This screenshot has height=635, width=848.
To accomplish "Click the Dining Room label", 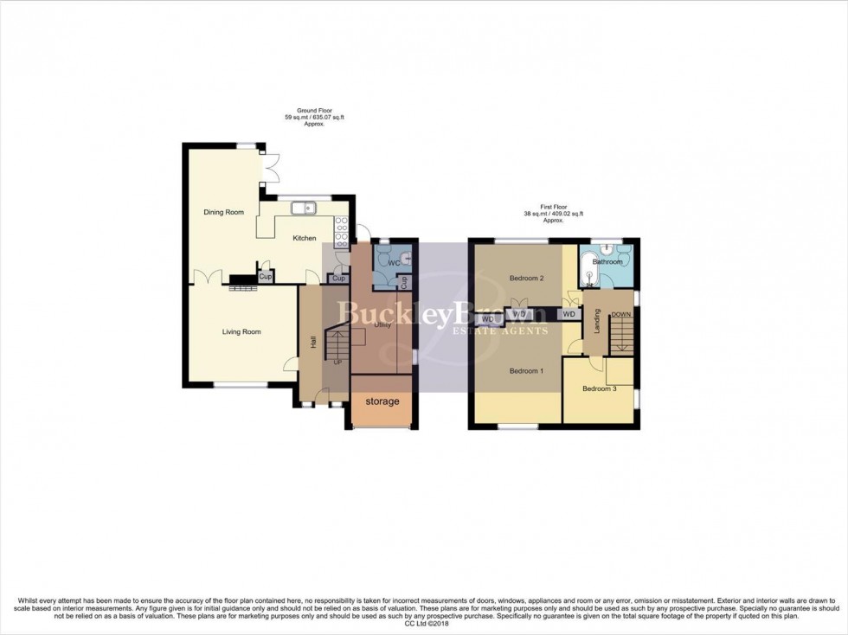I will point(223,212).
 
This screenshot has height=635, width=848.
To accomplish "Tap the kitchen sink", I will point(304,208).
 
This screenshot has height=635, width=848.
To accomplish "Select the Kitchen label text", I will point(305,238).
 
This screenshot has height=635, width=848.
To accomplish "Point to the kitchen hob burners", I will point(341,227).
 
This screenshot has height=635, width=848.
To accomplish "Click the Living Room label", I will point(241,331).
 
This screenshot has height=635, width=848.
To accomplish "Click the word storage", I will point(382,401).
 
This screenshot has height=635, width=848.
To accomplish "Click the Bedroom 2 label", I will point(526,278).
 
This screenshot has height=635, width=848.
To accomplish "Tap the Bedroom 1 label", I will point(526,371).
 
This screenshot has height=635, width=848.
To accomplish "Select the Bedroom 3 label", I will point(599,388).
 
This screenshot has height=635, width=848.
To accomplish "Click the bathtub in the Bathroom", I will point(593,267).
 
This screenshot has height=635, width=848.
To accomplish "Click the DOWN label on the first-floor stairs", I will point(620,314).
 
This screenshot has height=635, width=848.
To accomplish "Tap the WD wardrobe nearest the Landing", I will point(569,314).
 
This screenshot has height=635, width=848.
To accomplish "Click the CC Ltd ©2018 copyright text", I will point(424,623).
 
